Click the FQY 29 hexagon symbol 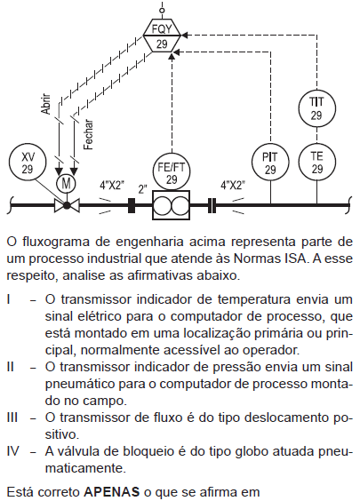pos(162,36)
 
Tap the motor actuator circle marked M pos(66,184)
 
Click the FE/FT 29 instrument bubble pos(172,172)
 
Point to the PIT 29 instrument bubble pos(270,163)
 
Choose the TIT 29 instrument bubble pos(316,108)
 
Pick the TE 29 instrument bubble pos(316,163)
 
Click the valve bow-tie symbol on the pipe pos(67,205)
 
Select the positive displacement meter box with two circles pos(171,205)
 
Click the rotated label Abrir pos(46,104)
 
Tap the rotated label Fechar pos(88,134)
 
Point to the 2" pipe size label pos(142,189)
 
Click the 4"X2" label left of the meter pos(112,185)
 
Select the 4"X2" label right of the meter pos(233,185)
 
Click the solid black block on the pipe pos(131,205)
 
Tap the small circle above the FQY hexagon pos(162,11)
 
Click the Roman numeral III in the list pos(12,417)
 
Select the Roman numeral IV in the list pos(12,451)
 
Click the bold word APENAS pos(112,492)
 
